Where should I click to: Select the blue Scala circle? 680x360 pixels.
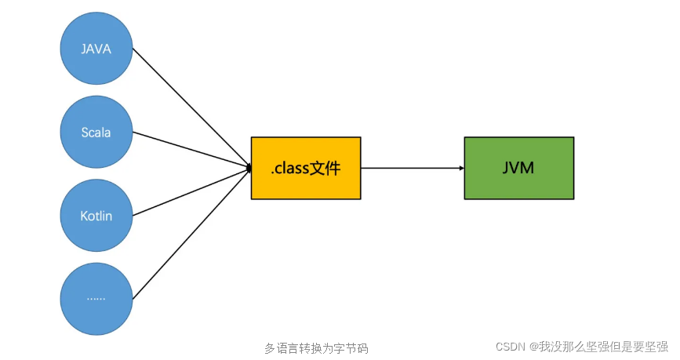click(x=96, y=133)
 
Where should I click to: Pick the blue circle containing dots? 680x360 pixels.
click(x=96, y=298)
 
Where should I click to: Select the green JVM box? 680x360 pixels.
click(x=518, y=167)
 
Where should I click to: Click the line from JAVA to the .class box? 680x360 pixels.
click(x=191, y=108)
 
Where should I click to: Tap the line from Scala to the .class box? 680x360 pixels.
click(x=191, y=150)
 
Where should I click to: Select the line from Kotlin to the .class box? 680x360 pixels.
click(x=191, y=191)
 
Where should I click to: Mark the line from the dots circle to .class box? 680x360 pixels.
click(x=191, y=233)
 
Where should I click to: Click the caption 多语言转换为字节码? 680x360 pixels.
click(x=316, y=348)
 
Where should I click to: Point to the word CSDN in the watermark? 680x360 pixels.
click(x=511, y=347)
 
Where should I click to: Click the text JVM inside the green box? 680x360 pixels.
click(x=518, y=167)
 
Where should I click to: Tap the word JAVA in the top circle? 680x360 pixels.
click(x=96, y=49)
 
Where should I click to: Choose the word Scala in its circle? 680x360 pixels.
click(x=96, y=133)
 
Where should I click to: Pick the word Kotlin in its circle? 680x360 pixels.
click(x=96, y=216)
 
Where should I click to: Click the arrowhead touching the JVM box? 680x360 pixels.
click(x=460, y=168)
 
